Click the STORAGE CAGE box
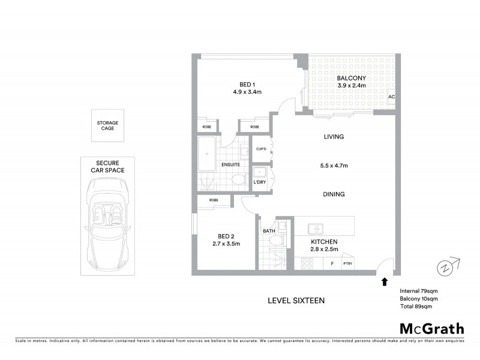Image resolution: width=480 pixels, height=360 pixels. click(x=108, y=126)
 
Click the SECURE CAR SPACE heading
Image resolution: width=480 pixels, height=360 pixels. click(x=108, y=166)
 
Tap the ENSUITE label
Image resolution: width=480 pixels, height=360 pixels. click(x=230, y=164)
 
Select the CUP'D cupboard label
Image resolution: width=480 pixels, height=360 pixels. click(x=261, y=149)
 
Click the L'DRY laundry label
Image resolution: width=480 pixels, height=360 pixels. click(x=259, y=182)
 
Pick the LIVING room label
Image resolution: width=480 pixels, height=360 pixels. click(x=333, y=137)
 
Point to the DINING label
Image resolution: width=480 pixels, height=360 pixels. click(x=333, y=194)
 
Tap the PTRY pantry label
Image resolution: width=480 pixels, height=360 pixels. click(x=347, y=263)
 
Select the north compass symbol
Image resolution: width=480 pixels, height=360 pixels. click(x=446, y=266)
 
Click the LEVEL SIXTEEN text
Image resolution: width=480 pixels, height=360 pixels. click(x=296, y=301)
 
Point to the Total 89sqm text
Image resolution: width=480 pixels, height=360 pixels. click(x=416, y=307)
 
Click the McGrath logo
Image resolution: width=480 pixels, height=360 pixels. click(x=431, y=328)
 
